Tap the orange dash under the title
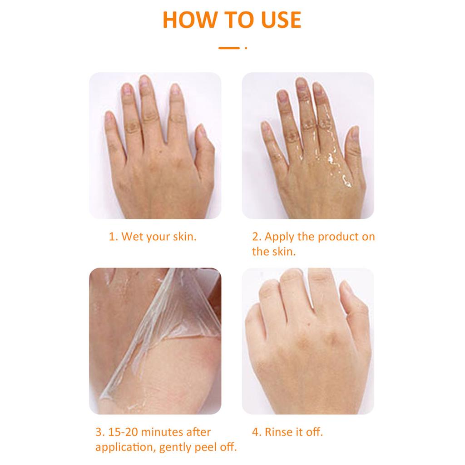tap(228, 48)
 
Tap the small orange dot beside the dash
tap(246, 48)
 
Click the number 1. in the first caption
tap(113, 237)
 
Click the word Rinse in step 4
tap(278, 432)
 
